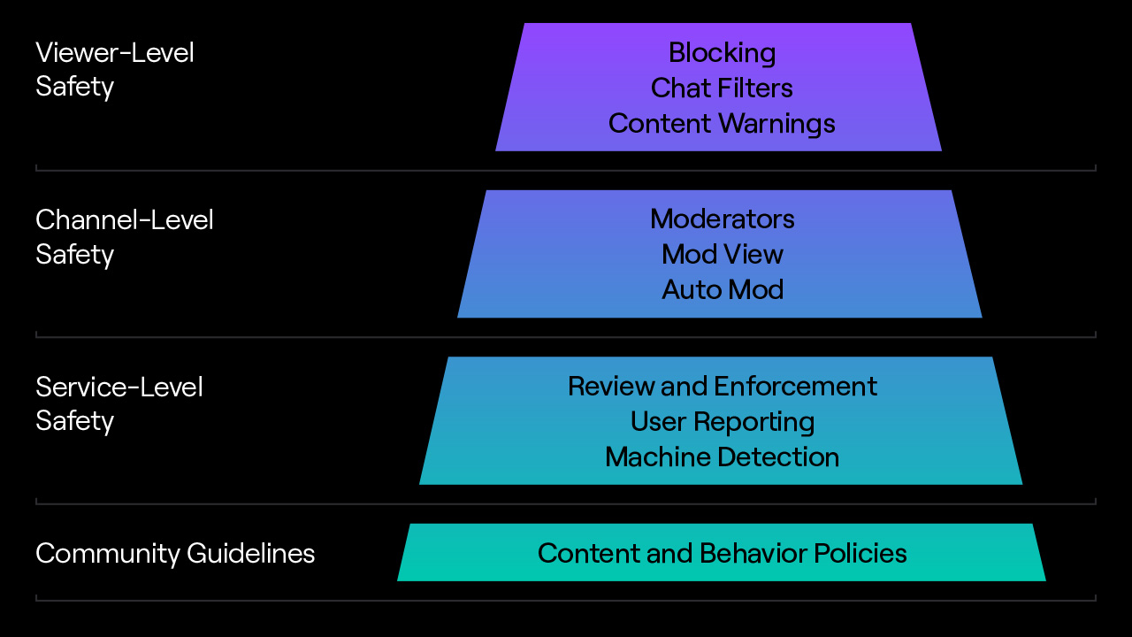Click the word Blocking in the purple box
coord(722,53)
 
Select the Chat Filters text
coord(722,88)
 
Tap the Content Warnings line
coord(722,124)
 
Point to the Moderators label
coord(722,219)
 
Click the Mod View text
coord(722,255)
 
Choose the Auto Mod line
coord(722,290)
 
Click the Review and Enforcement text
coord(722,387)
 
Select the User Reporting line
coord(722,422)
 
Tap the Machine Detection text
coord(722,457)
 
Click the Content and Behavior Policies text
coord(722,554)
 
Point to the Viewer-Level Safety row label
coord(114,70)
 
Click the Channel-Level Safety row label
coord(124,237)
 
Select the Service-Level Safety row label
coord(119,403)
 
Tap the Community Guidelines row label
coord(174,554)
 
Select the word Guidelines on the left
coord(250,554)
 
